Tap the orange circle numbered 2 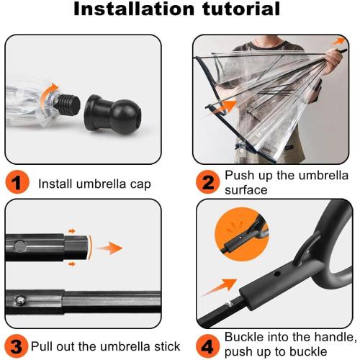pyautogui.click(x=208, y=183)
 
